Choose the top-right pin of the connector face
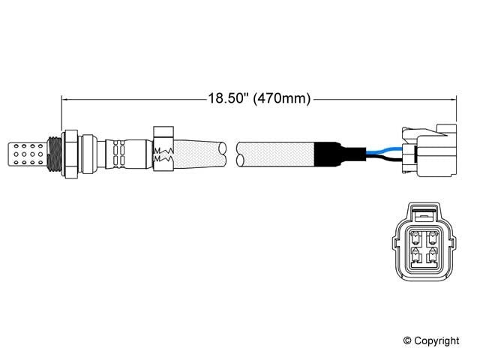click(x=433, y=241)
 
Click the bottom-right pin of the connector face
click(x=433, y=260)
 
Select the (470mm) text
click(x=282, y=98)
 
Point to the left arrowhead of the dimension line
click(x=65, y=98)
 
